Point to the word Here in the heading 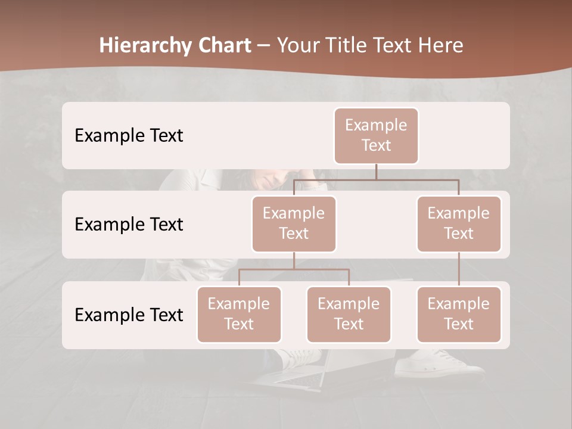[440, 45]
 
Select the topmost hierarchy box [376, 135]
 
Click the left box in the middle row [294, 223]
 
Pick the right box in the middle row [459, 223]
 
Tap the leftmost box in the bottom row [239, 314]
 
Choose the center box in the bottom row [349, 314]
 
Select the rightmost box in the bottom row [459, 314]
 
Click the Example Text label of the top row [129, 135]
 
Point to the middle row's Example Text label [129, 224]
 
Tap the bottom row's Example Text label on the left [129, 315]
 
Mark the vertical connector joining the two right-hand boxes [459, 269]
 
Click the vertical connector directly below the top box [376, 172]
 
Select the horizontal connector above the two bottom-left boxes [294, 269]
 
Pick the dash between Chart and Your [264, 45]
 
